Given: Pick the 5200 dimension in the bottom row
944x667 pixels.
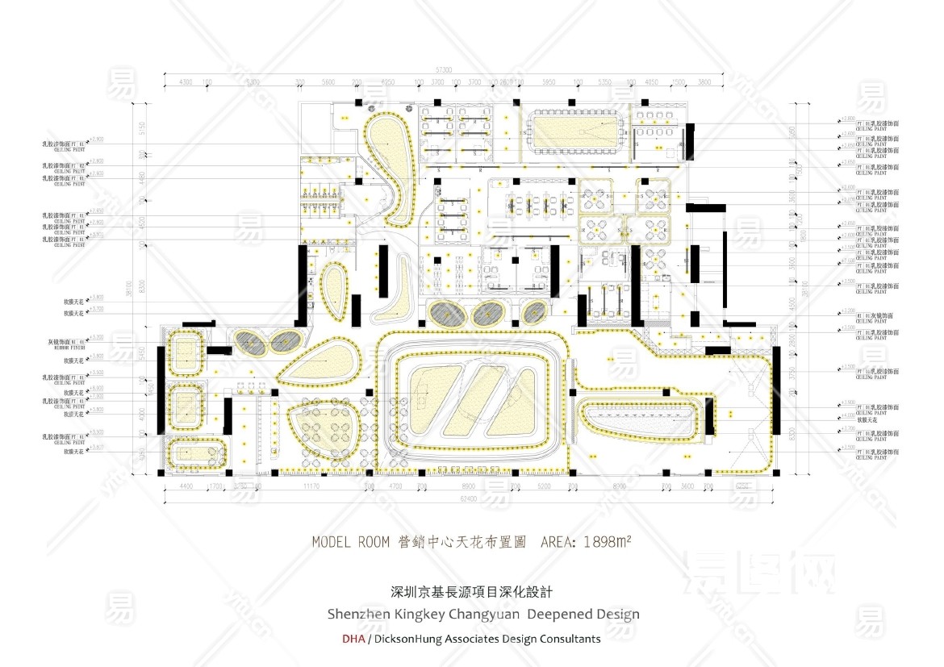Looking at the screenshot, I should tap(544, 487).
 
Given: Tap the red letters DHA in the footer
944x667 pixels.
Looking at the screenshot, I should tap(353, 639).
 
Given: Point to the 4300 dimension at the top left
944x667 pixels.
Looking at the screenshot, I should tap(185, 82).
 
